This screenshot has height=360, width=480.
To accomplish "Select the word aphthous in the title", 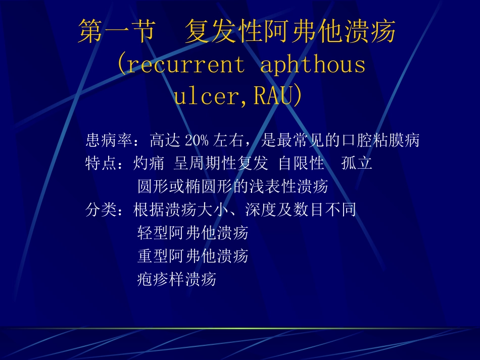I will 313,66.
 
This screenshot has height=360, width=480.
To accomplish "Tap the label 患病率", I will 109,140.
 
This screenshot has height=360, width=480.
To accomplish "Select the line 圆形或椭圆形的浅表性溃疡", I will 233,187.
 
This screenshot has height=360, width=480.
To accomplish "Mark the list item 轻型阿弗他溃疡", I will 193,233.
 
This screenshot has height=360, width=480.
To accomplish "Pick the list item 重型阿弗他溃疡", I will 193,256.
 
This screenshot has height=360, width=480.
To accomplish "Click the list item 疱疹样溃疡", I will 177,279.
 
